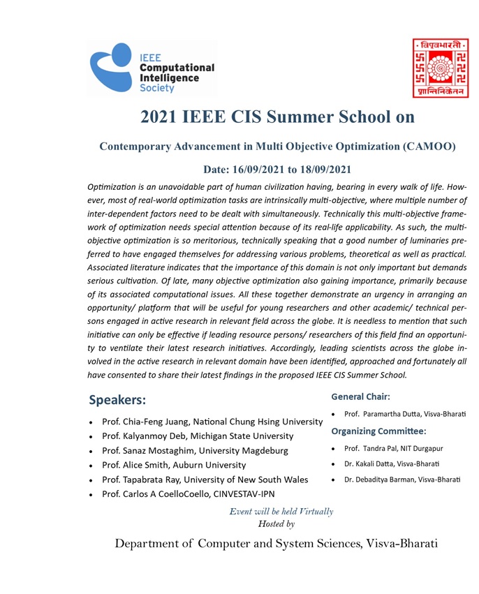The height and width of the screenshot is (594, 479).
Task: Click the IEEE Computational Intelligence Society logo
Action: [152, 68]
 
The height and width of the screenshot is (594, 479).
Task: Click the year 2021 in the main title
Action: [160, 117]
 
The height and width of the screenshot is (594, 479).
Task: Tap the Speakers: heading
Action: [117, 401]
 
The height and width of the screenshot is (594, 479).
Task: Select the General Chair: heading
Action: [360, 396]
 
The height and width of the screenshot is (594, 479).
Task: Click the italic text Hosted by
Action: [276, 523]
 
